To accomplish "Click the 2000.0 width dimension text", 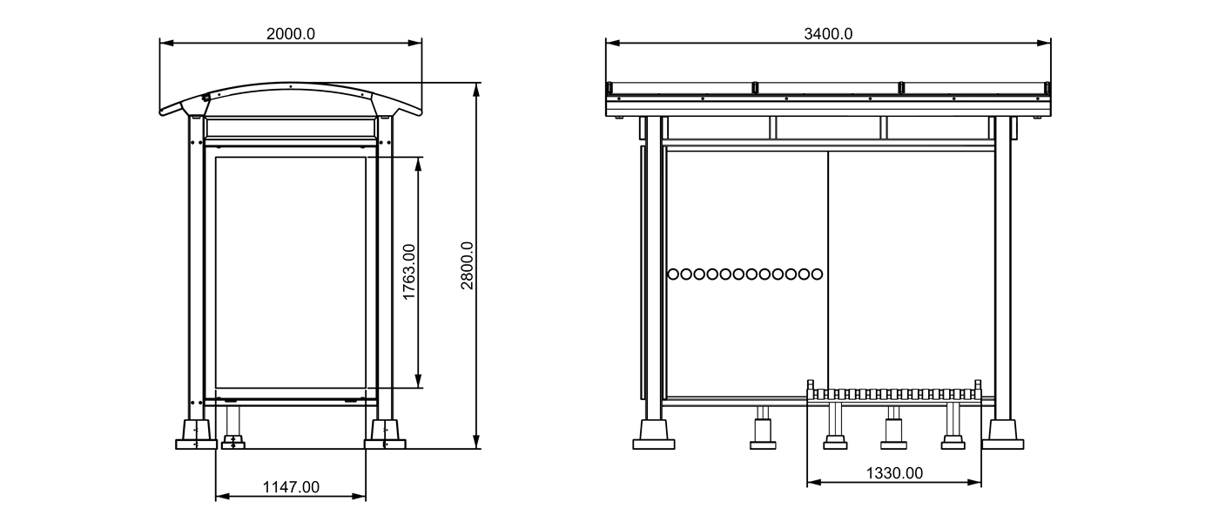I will [x=290, y=34].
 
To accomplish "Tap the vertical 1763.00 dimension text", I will [x=408, y=273].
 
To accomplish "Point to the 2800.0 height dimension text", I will [x=468, y=266].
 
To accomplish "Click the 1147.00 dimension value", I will [x=291, y=487].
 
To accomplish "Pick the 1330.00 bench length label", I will [x=893, y=473].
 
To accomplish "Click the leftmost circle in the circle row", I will [x=673, y=274].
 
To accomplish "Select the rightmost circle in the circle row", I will [x=816, y=274].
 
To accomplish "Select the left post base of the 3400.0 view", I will [x=653, y=434].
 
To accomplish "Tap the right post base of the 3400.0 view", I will [x=1002, y=434].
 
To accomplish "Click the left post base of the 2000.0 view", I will [x=196, y=435].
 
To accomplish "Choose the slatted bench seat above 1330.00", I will [x=895, y=394].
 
